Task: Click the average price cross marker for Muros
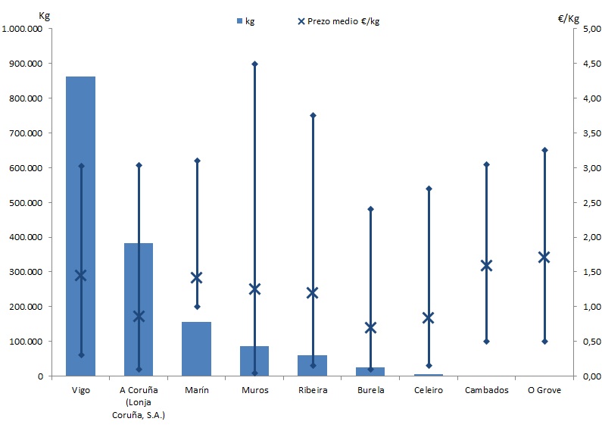[x=254, y=289]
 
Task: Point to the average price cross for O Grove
[x=544, y=257]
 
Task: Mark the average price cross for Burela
[x=370, y=327]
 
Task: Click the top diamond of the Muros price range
[x=254, y=64]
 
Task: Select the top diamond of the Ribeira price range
[x=312, y=115]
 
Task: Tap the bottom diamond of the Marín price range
[x=196, y=307]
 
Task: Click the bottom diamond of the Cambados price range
[x=486, y=342]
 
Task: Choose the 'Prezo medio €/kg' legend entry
[x=339, y=21]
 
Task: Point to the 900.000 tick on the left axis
[x=25, y=64]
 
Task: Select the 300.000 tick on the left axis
[x=25, y=272]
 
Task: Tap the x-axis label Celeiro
[x=428, y=390]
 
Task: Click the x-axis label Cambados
[x=486, y=390]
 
